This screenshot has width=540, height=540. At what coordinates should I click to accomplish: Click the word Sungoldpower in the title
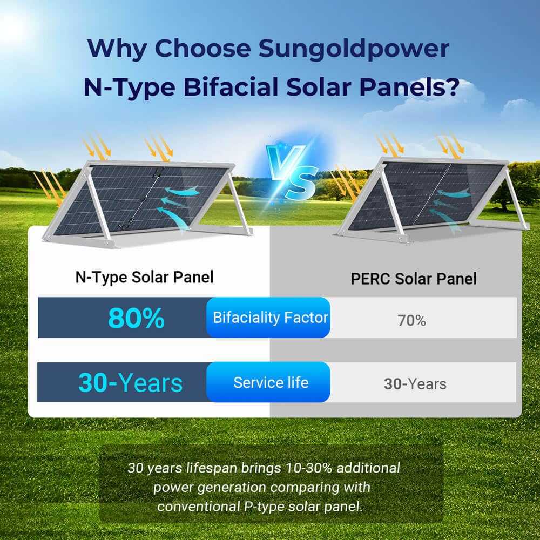coord(354,49)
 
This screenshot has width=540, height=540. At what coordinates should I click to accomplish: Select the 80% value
coord(136,318)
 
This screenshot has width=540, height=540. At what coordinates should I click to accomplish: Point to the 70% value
coord(411,320)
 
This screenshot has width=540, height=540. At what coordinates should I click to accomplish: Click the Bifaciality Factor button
coord(270,318)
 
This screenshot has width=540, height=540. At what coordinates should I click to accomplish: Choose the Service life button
coord(270,383)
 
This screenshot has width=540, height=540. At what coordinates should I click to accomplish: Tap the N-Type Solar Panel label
coord(144,277)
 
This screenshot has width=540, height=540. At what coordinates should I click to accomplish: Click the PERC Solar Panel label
coord(414,279)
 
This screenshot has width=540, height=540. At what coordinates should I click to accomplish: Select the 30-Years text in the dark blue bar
coord(130,383)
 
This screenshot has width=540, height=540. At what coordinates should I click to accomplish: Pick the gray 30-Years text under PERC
coord(415,384)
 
